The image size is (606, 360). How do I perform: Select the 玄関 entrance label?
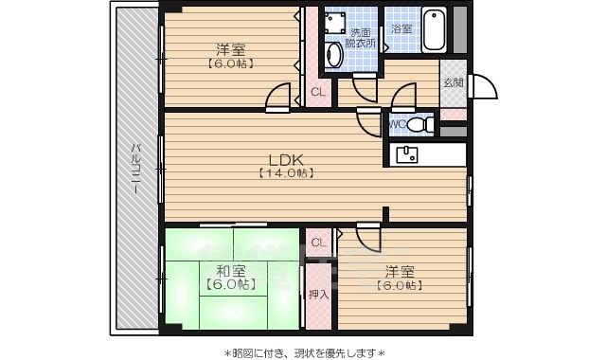453,83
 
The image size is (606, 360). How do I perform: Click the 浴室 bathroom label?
401,28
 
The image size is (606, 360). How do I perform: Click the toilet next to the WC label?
423,123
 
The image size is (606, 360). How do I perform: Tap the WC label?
397,123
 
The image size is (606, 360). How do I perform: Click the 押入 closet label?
319,294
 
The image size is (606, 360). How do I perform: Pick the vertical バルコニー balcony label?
136,169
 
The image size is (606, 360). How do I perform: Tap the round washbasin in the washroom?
333,55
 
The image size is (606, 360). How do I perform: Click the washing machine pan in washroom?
334,22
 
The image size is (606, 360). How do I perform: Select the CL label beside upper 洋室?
317,92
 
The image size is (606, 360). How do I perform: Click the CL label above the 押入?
317,242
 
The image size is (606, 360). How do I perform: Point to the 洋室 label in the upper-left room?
230,49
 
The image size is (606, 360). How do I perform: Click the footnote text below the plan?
304,351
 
